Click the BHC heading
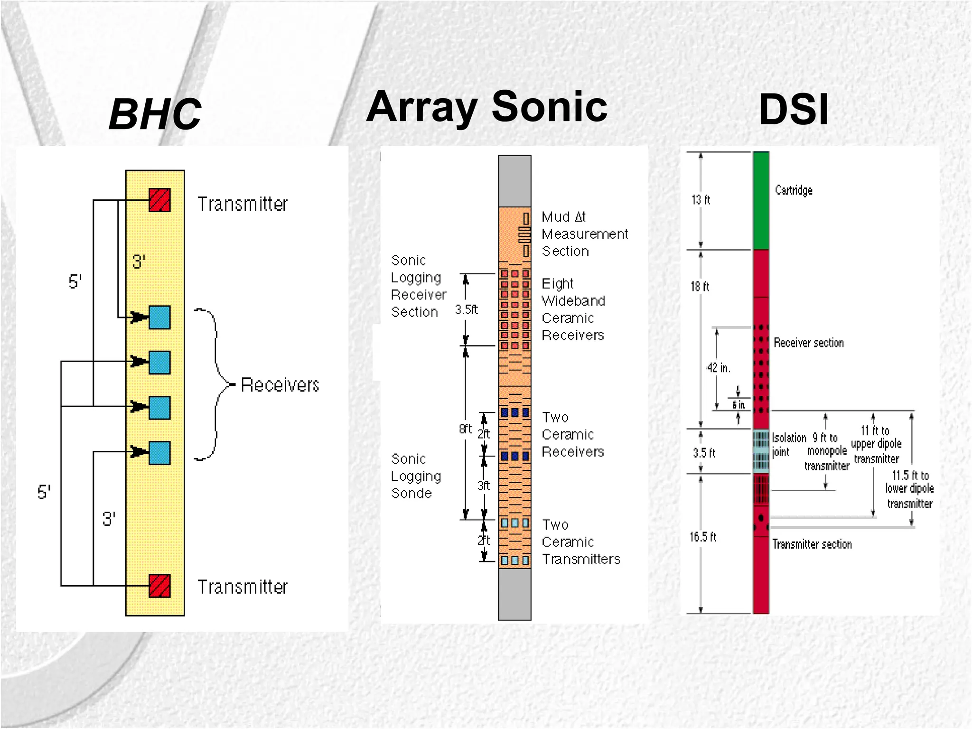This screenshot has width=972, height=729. pos(155,114)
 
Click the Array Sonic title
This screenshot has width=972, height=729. pos(486,107)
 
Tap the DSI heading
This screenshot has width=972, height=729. pos(793,110)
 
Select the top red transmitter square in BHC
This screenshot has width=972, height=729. pos(159,200)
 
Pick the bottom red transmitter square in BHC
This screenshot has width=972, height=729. pos(159,586)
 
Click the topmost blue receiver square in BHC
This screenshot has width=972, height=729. pos(159,317)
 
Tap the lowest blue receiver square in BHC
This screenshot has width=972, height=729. pos(159,453)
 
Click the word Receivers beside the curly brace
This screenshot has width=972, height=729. pos(280,385)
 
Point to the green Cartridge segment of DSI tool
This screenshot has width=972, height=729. pos(761,200)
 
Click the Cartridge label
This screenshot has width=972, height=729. pos(794,190)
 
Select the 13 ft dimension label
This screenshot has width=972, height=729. pos(701,200)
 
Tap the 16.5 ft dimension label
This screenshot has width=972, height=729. pos(703,537)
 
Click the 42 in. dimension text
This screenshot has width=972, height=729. pos(718,368)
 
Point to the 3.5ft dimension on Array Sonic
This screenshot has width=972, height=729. pos(466,310)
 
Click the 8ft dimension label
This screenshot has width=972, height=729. pos(465,429)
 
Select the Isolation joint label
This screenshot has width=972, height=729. pos(788,445)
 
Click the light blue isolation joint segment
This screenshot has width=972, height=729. pos(761,451)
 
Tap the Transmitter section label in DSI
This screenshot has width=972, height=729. pos(812,544)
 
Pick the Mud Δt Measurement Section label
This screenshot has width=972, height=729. pos(584,234)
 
